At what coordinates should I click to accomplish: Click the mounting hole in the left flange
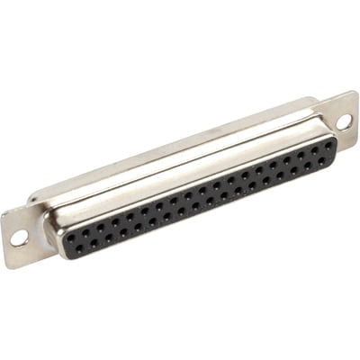tap(18, 238)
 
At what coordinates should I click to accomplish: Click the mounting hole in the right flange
tap(345, 121)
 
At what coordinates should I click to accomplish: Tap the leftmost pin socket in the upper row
tap(71, 237)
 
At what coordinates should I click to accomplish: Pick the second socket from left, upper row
tap(85, 233)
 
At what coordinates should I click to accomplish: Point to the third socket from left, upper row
tap(100, 227)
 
